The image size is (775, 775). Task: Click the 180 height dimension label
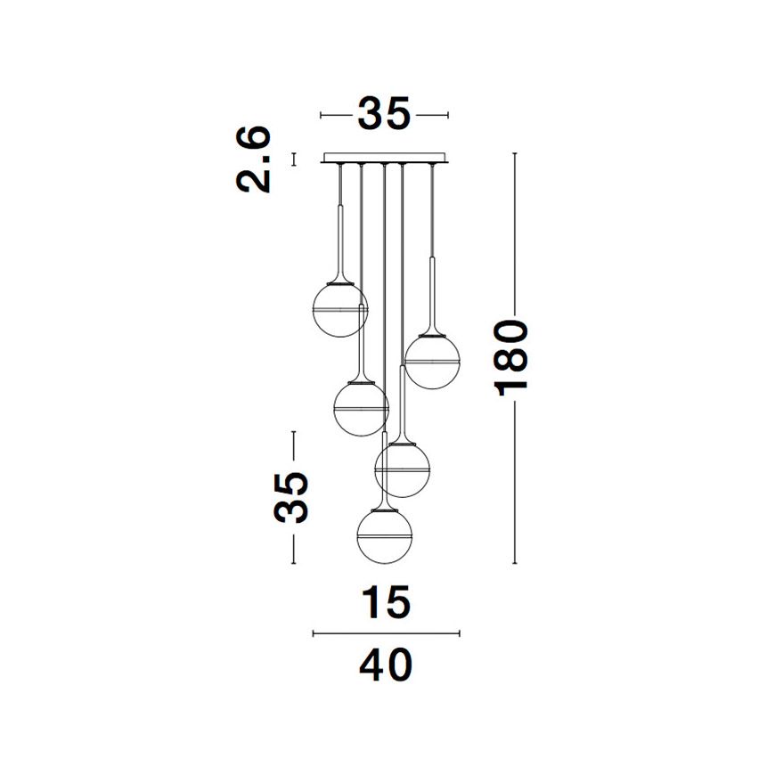click(512, 358)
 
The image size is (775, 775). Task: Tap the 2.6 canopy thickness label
click(253, 159)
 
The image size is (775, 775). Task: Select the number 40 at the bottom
click(386, 665)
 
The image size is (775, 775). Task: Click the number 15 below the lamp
click(387, 601)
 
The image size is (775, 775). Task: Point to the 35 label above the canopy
click(384, 114)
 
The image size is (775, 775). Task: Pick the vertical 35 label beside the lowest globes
click(291, 497)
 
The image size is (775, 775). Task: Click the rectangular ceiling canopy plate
click(385, 158)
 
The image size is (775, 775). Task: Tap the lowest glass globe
click(385, 536)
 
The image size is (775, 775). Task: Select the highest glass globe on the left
click(340, 309)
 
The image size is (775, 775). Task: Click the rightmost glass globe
click(432, 362)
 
